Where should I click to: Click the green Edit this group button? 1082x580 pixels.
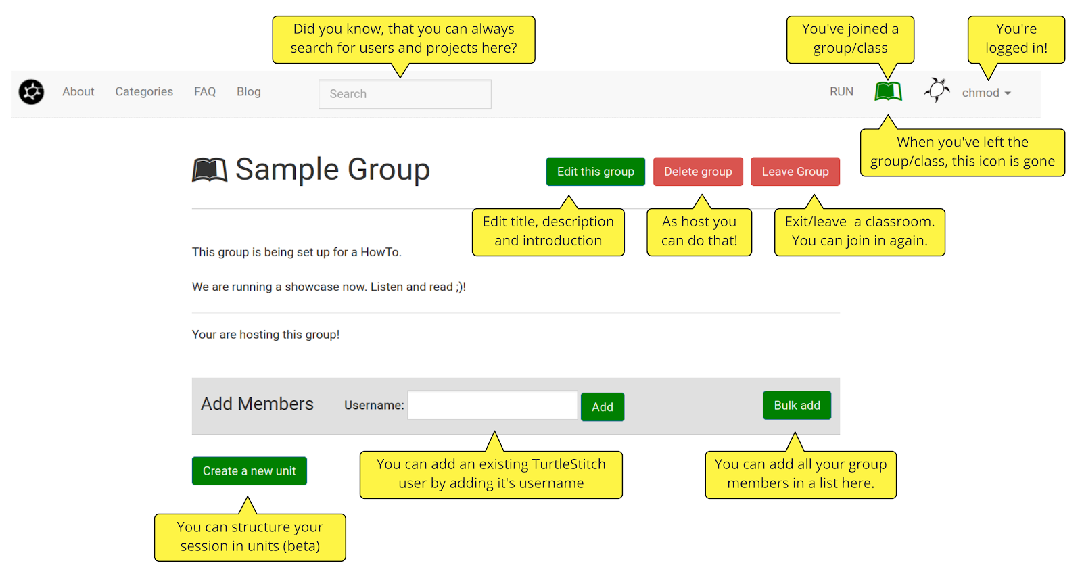click(595, 172)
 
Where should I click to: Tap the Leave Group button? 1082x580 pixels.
click(795, 172)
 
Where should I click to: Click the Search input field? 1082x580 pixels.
click(405, 94)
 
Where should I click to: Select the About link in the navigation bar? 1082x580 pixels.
click(78, 92)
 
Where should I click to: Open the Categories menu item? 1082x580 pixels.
click(144, 92)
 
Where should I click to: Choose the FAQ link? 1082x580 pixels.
click(205, 92)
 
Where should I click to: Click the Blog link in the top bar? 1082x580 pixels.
click(249, 92)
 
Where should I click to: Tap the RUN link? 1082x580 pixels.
click(841, 92)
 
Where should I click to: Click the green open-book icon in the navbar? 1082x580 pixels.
click(889, 91)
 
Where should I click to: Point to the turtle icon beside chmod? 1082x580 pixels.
click(937, 90)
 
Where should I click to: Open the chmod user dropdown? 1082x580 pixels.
click(987, 93)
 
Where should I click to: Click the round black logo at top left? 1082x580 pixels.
click(31, 92)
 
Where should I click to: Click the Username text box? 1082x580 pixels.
click(492, 405)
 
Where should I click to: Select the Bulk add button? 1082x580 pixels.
click(797, 405)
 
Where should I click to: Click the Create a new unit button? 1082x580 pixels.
click(250, 471)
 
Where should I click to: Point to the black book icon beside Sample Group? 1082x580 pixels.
click(210, 170)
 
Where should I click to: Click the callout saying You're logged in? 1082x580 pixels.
click(1016, 39)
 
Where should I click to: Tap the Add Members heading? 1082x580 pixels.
click(257, 404)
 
